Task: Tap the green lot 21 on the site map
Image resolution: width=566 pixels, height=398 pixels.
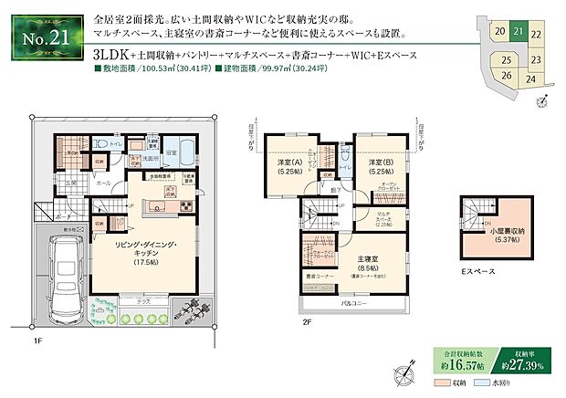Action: coord(519,30)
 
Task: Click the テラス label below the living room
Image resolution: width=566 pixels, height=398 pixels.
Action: coord(143,300)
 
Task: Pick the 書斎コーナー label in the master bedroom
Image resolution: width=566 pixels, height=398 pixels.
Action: coord(317,275)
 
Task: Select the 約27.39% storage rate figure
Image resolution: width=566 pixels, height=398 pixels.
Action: coord(529,365)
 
